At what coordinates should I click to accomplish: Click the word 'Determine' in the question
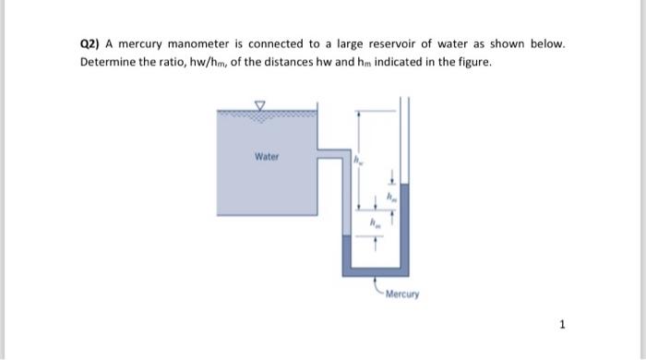point(111,62)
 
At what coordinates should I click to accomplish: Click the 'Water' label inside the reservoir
point(266,157)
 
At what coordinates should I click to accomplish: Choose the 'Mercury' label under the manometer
point(401,295)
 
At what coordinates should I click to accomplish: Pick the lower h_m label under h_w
point(375,222)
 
